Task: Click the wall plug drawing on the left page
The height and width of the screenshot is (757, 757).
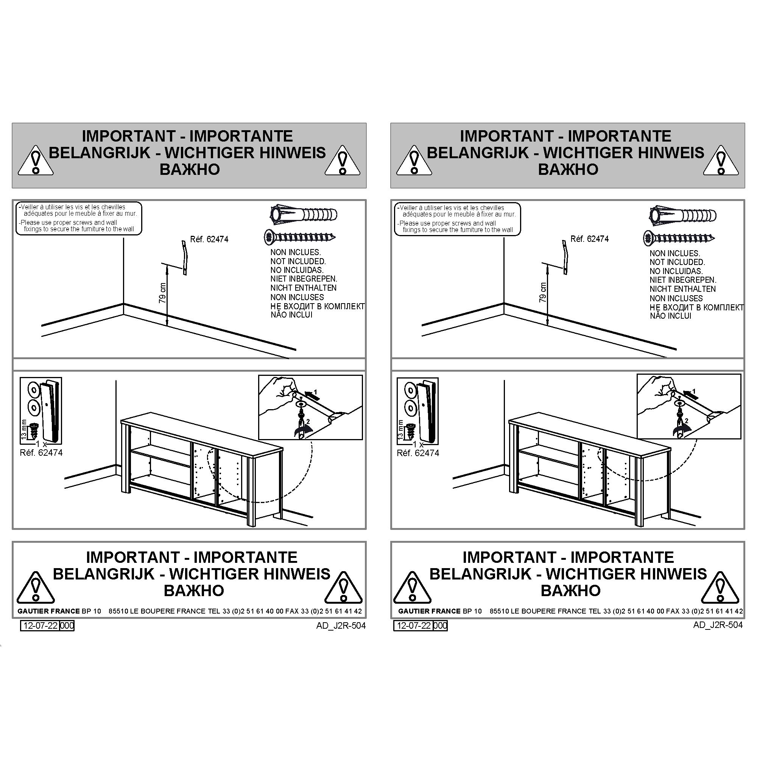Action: (304, 215)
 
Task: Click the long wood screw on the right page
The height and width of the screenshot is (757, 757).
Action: (679, 238)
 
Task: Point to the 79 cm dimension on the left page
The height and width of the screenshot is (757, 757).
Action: (163, 293)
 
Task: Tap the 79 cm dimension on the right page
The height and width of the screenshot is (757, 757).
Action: (543, 293)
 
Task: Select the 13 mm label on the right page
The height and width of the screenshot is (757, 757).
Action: (400, 429)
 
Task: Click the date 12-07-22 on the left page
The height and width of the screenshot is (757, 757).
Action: (40, 625)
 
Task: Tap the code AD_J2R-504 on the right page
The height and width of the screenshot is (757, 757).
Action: (718, 625)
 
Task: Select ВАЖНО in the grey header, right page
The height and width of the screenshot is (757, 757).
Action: (568, 169)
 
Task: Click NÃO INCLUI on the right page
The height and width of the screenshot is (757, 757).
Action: (670, 316)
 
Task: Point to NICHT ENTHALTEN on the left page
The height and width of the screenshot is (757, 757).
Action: (303, 288)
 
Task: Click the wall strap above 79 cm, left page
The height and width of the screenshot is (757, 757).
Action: (185, 257)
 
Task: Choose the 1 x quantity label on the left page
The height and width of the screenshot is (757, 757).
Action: (41, 444)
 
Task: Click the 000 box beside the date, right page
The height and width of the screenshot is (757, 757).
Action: (440, 626)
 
